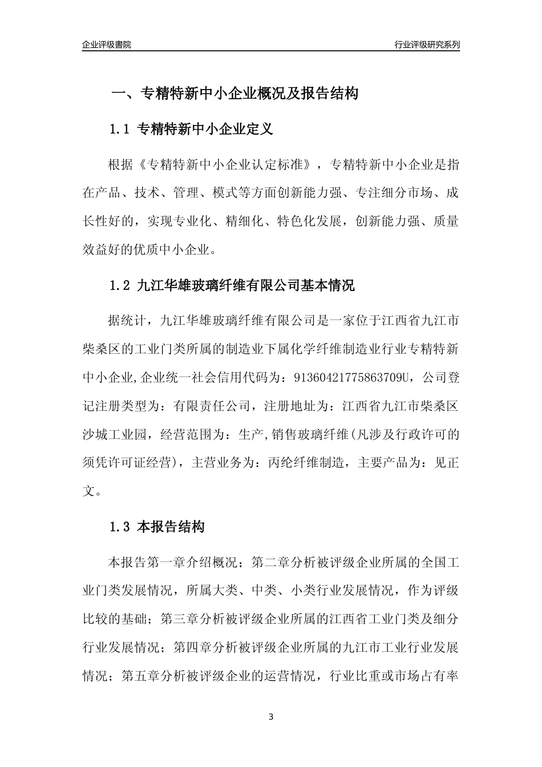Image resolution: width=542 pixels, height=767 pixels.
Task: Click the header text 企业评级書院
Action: tap(107, 45)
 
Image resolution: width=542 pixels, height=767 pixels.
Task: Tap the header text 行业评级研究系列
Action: tap(427, 45)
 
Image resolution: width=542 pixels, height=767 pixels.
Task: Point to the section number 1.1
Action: tap(120, 130)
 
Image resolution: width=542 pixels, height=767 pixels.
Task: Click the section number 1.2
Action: tap(120, 285)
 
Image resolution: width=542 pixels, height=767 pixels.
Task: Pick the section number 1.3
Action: tap(120, 527)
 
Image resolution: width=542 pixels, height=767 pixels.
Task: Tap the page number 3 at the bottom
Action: tap(271, 717)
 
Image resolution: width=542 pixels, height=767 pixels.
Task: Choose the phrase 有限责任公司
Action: tap(212, 406)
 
